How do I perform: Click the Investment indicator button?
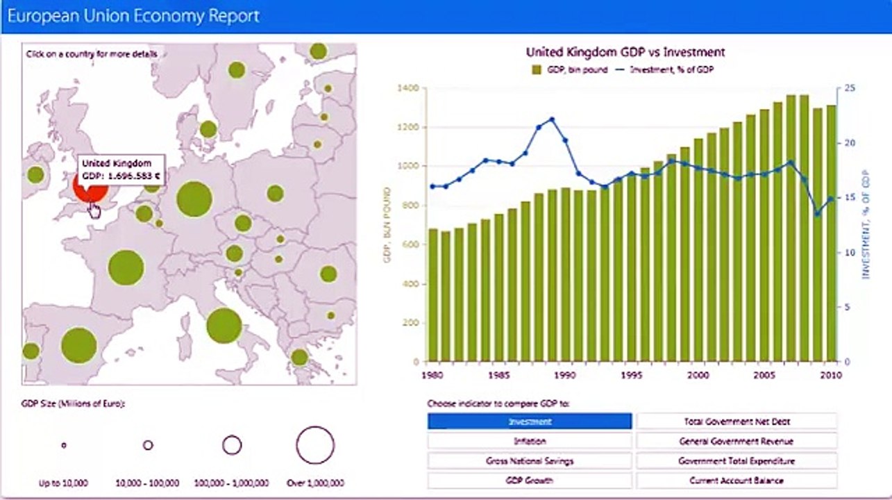coord(530,422)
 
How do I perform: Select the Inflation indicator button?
coord(530,441)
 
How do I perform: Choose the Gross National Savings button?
coord(530,460)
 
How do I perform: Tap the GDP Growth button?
coord(530,480)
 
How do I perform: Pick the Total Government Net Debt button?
coord(737,422)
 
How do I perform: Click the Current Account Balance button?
coord(737,480)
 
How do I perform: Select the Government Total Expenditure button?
coord(737,460)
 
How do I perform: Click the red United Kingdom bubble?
coord(91,190)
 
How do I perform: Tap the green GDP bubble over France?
coord(126,268)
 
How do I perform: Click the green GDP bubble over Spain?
coord(78,345)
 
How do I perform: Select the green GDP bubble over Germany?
coord(194,199)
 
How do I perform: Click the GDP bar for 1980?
coord(433,295)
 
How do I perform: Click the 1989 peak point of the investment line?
coord(552,119)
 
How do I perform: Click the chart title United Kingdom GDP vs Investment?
coord(625,52)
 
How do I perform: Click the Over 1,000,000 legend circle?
coord(315,445)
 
